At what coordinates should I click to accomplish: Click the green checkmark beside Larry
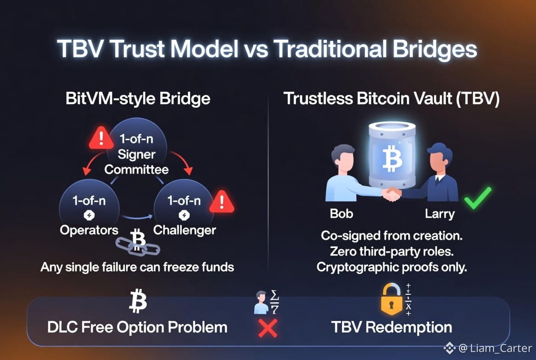coord(478,198)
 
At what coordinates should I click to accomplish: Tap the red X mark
coord(268,328)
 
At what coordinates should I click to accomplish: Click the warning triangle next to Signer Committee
coord(101,138)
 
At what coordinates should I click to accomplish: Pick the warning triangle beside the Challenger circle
coord(222,202)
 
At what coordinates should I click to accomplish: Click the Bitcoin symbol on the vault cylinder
coord(392,158)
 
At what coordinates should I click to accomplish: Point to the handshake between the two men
coord(392,194)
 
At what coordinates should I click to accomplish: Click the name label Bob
coord(341,214)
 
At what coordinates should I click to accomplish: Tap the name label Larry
coord(440,214)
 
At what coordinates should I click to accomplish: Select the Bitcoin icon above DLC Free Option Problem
coord(138,301)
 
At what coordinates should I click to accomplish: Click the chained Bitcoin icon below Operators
coord(137,242)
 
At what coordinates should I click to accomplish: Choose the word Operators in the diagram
coord(89,230)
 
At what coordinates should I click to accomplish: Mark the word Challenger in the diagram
coord(184,230)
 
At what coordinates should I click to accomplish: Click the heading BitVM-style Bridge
coord(138,99)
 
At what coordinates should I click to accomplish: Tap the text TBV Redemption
coord(391,327)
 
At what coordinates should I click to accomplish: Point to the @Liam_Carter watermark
coord(488,348)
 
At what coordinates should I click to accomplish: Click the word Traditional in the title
coord(330,49)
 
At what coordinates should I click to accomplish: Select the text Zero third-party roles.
coord(391,252)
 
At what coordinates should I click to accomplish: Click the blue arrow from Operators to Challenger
coord(137,217)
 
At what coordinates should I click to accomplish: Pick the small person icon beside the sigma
coord(262,303)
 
